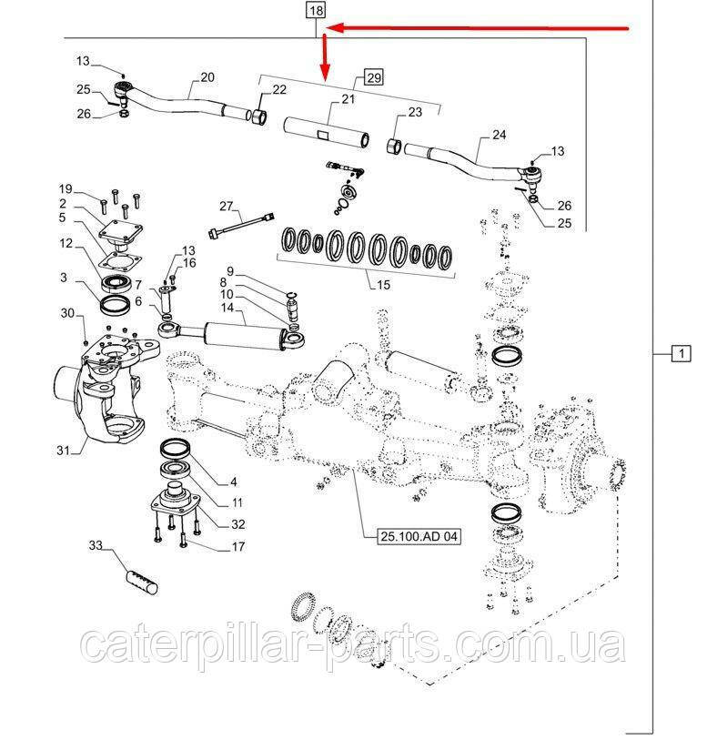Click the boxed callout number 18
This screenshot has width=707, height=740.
pyautogui.click(x=316, y=12)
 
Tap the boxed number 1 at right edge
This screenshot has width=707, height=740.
pyautogui.click(x=679, y=352)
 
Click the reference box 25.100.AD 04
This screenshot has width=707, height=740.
pyautogui.click(x=419, y=537)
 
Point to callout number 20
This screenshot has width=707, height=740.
pyautogui.click(x=207, y=77)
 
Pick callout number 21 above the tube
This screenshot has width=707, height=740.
pyautogui.click(x=321, y=98)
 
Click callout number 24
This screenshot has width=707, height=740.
pyautogui.click(x=499, y=135)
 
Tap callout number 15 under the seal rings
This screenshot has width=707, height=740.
pyautogui.click(x=383, y=285)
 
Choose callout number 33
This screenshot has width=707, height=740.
pyautogui.click(x=96, y=545)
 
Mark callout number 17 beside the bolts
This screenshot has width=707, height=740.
pyautogui.click(x=237, y=546)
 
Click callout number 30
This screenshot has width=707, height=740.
pyautogui.click(x=66, y=313)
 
